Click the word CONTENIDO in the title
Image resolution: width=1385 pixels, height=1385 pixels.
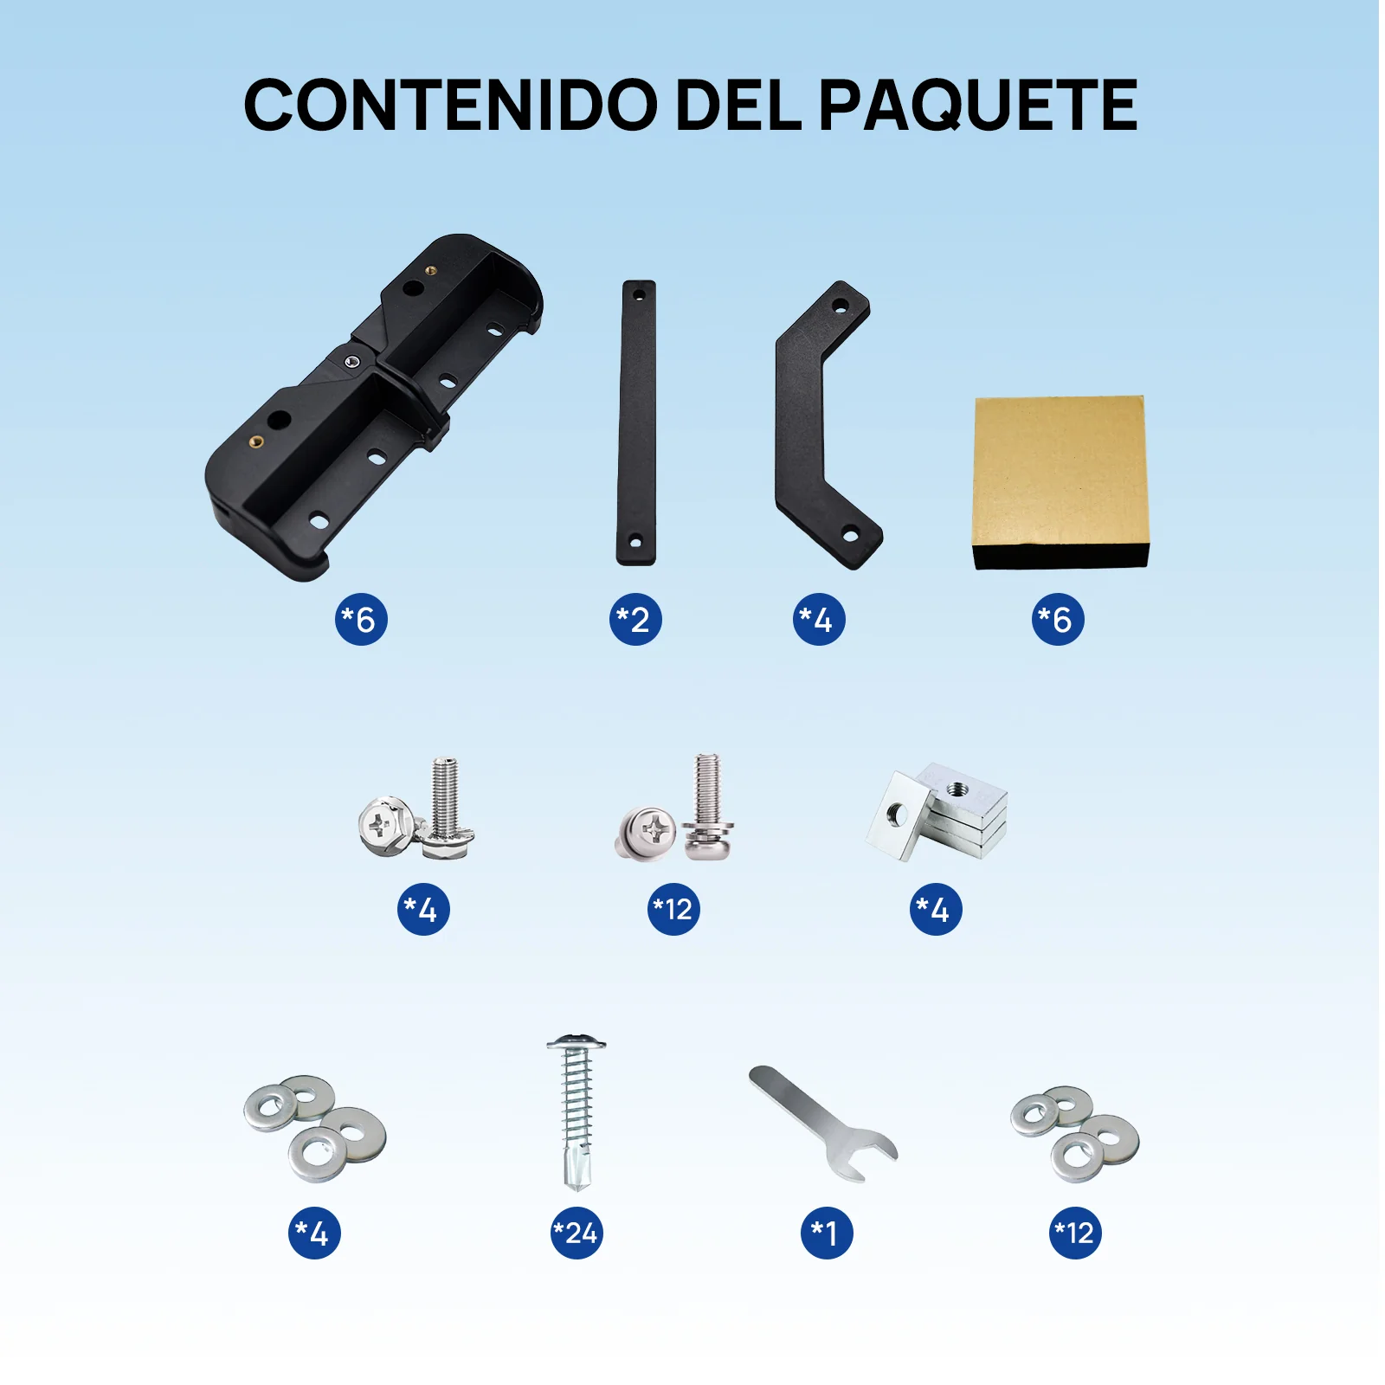coord(450,106)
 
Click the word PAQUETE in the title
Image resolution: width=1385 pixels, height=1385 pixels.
coord(978,106)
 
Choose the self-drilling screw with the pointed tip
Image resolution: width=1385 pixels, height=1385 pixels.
coord(576,1112)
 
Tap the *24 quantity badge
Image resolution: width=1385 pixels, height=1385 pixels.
coord(577,1233)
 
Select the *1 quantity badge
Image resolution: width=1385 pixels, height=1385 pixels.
coord(826,1233)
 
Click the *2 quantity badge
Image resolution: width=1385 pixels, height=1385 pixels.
coord(635,620)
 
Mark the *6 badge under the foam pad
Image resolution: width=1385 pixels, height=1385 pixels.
coord(1057,620)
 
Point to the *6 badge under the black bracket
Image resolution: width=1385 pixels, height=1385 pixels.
coord(361,620)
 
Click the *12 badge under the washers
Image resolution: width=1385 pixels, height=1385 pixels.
coord(1075,1233)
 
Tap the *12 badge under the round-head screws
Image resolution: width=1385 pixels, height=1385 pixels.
coord(673,910)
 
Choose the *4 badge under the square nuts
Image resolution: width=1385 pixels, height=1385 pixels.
coord(935,910)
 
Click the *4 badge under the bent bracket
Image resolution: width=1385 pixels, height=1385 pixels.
coord(818,620)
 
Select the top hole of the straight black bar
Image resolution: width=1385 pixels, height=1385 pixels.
coord(639,295)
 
